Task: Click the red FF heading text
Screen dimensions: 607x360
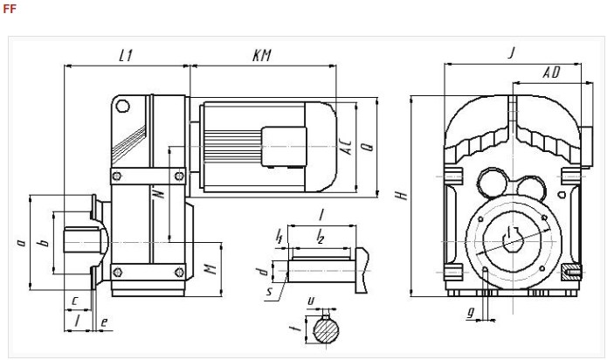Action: [x=10, y=9]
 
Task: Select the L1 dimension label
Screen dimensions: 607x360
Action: [x=126, y=56]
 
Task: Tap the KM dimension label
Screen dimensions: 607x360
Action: [x=262, y=55]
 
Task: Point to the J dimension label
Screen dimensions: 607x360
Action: [x=513, y=52]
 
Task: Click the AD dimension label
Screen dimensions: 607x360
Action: [x=552, y=73]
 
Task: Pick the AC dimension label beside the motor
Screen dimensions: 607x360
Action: [x=348, y=147]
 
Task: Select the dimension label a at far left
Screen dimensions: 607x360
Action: [x=21, y=243]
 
